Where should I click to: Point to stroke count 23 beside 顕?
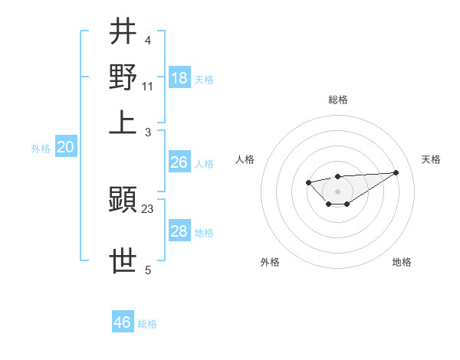(x=148, y=208)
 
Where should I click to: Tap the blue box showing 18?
(x=179, y=77)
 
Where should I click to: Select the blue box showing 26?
(x=179, y=162)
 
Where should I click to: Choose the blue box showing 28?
(x=179, y=231)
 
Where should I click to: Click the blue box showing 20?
(x=65, y=148)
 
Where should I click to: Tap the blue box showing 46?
(x=123, y=322)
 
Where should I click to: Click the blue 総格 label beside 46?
(x=147, y=324)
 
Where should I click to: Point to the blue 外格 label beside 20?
(x=41, y=149)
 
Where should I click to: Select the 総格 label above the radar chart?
(x=338, y=100)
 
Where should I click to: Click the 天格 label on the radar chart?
(x=431, y=159)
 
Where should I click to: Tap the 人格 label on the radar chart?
(x=245, y=159)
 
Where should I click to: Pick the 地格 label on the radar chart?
(x=402, y=262)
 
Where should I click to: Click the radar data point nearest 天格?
(x=396, y=172)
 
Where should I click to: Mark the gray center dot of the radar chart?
(x=337, y=191)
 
